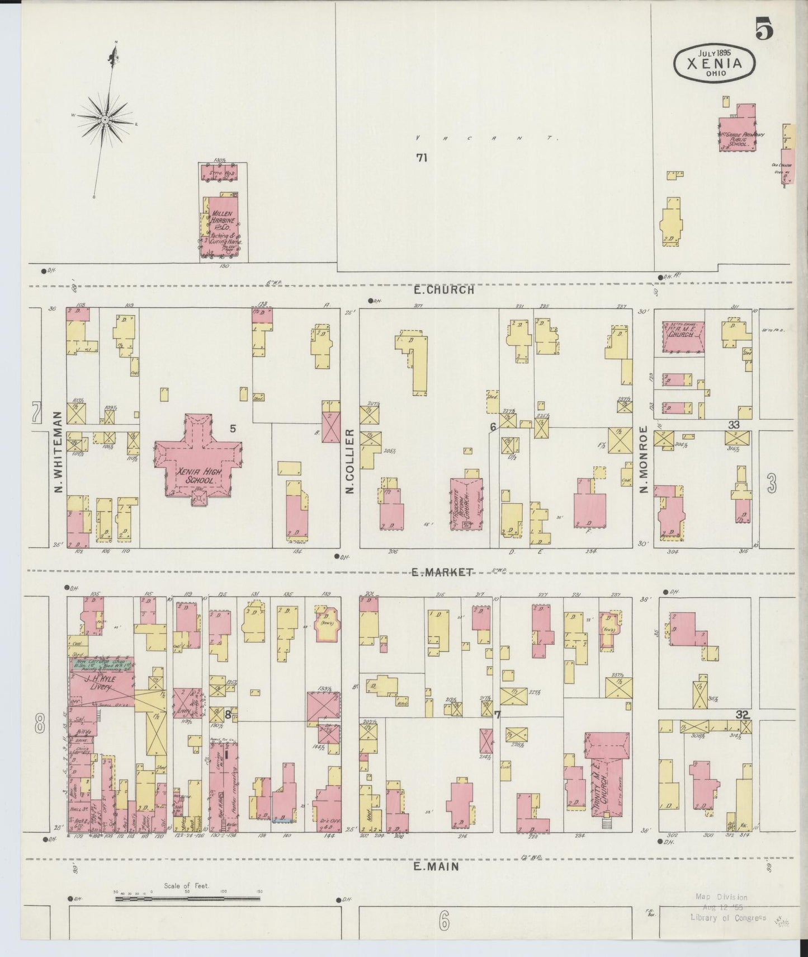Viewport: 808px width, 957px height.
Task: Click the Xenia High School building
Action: click(x=197, y=467)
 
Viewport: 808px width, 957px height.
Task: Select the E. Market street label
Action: click(x=443, y=572)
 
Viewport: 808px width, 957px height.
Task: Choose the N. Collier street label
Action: click(x=350, y=462)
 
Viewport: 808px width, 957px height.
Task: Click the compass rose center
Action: click(x=105, y=120)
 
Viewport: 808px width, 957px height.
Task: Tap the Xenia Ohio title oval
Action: click(x=715, y=63)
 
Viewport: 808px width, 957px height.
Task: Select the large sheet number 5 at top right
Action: click(x=764, y=28)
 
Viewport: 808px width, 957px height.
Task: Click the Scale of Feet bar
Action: click(x=187, y=899)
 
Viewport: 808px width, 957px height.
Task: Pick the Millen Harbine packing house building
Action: click(x=223, y=227)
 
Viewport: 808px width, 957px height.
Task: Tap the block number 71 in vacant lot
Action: click(x=422, y=158)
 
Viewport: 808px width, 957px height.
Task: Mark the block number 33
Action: click(x=733, y=425)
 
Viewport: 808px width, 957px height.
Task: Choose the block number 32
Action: click(x=742, y=715)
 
